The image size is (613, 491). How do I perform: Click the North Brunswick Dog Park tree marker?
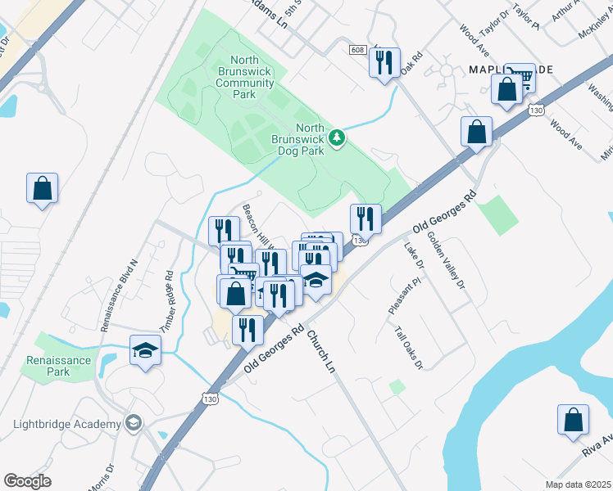(337, 138)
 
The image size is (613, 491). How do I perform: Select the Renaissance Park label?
(58, 366)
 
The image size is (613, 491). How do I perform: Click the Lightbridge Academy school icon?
(132, 423)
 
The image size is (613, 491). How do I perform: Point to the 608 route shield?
(357, 50)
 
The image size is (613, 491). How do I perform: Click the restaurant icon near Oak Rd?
(384, 63)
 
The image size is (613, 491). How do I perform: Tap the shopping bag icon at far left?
(43, 189)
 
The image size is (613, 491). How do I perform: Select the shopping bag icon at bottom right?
(573, 420)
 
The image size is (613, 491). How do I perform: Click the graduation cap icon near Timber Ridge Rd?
(145, 351)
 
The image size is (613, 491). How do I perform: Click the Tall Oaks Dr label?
(407, 348)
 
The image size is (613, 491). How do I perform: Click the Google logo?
(27, 481)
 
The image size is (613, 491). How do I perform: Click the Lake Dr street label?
(413, 254)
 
